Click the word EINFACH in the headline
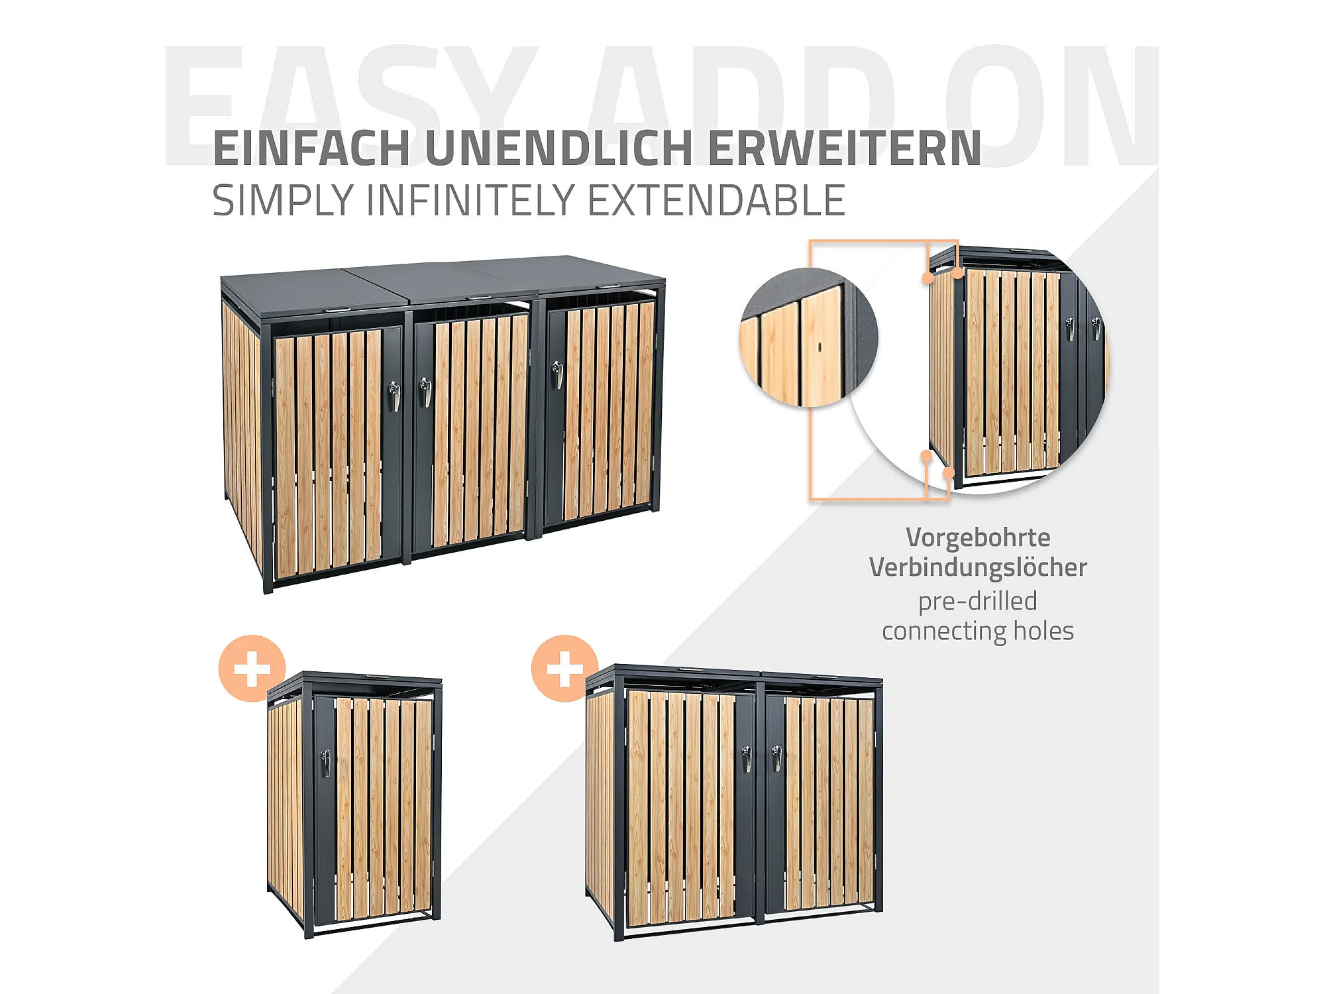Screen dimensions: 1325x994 tap(311, 148)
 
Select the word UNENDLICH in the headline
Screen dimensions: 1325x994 tap(558, 148)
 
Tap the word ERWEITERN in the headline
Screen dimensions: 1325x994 tap(845, 148)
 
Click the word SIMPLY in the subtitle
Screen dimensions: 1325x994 tap(283, 201)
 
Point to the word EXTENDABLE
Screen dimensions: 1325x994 tap(717, 200)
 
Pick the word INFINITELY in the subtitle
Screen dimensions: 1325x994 tap(471, 200)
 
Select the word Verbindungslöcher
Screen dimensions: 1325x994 tap(978, 568)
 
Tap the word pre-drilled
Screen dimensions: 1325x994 tap(977, 602)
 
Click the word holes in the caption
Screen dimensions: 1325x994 tap(1043, 631)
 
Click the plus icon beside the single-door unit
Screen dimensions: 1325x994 tap(252, 669)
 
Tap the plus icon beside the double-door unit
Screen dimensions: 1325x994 tap(564, 669)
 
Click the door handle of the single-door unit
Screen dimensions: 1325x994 tap(325, 763)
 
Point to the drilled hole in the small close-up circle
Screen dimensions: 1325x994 tap(820, 347)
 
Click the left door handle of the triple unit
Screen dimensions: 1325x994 tap(394, 396)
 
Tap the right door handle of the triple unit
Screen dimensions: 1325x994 tap(558, 374)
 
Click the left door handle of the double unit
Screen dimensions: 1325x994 tap(747, 758)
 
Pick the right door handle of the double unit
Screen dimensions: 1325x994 tap(777, 758)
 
